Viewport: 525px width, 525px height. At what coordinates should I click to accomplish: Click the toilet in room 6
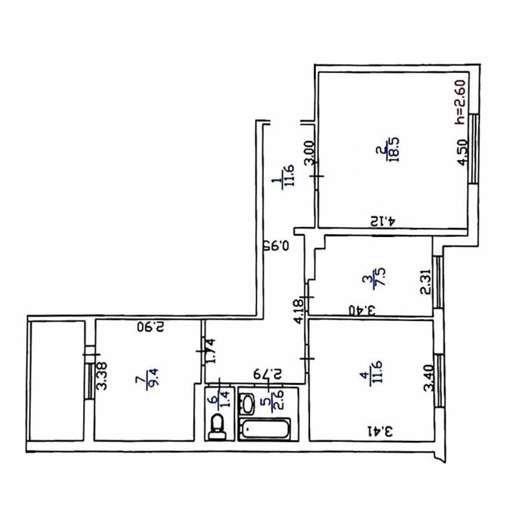click(217, 427)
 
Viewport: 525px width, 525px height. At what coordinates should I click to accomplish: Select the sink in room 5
click(247, 404)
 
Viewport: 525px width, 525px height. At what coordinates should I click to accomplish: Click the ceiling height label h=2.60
click(460, 102)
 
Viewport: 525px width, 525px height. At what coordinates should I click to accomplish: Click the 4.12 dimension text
click(383, 221)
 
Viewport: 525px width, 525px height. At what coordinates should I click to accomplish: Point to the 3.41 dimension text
click(380, 431)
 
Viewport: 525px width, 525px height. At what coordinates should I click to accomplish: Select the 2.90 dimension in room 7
click(151, 326)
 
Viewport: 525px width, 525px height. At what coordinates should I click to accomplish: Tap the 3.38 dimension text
click(102, 376)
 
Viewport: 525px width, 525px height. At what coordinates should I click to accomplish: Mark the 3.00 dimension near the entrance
click(309, 153)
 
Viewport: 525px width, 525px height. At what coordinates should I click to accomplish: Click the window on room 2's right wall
click(474, 148)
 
